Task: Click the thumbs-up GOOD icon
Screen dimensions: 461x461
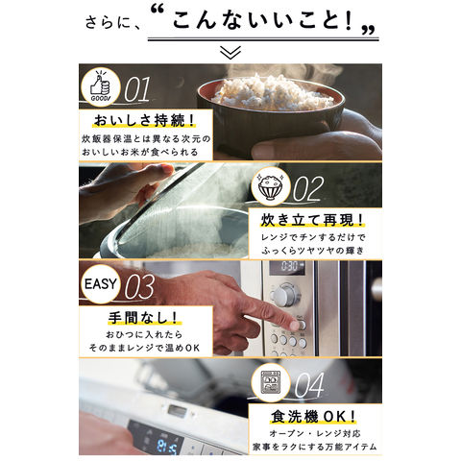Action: point(100,86)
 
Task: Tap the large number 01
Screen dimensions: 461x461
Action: point(137,89)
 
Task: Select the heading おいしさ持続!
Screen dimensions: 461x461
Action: point(144,121)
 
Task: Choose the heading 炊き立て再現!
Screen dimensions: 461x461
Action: point(312,220)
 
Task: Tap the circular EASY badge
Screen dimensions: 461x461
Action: point(100,283)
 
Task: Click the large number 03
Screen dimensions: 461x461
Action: point(139,286)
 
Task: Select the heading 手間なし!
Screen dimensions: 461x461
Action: point(143,318)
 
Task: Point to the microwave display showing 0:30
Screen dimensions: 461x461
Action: point(287,267)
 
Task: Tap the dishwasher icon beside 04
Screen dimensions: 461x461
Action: point(271,382)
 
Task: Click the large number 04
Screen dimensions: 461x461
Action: point(309,385)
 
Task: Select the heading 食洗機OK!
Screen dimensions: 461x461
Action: point(313,417)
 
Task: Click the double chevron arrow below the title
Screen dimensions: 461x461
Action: point(231,53)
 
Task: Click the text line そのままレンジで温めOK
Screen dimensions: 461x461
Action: point(144,348)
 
